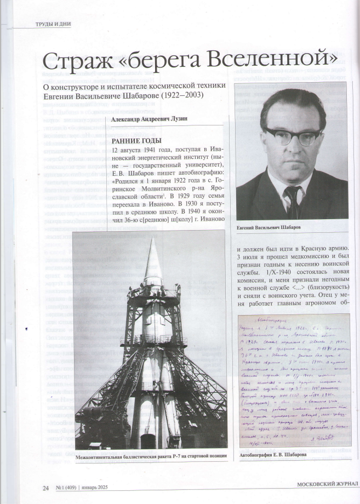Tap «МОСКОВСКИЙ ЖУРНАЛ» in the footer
pyautogui.click(x=327, y=484)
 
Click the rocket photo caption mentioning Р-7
pyautogui.click(x=151, y=456)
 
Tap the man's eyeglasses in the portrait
pyautogui.click(x=292, y=134)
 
